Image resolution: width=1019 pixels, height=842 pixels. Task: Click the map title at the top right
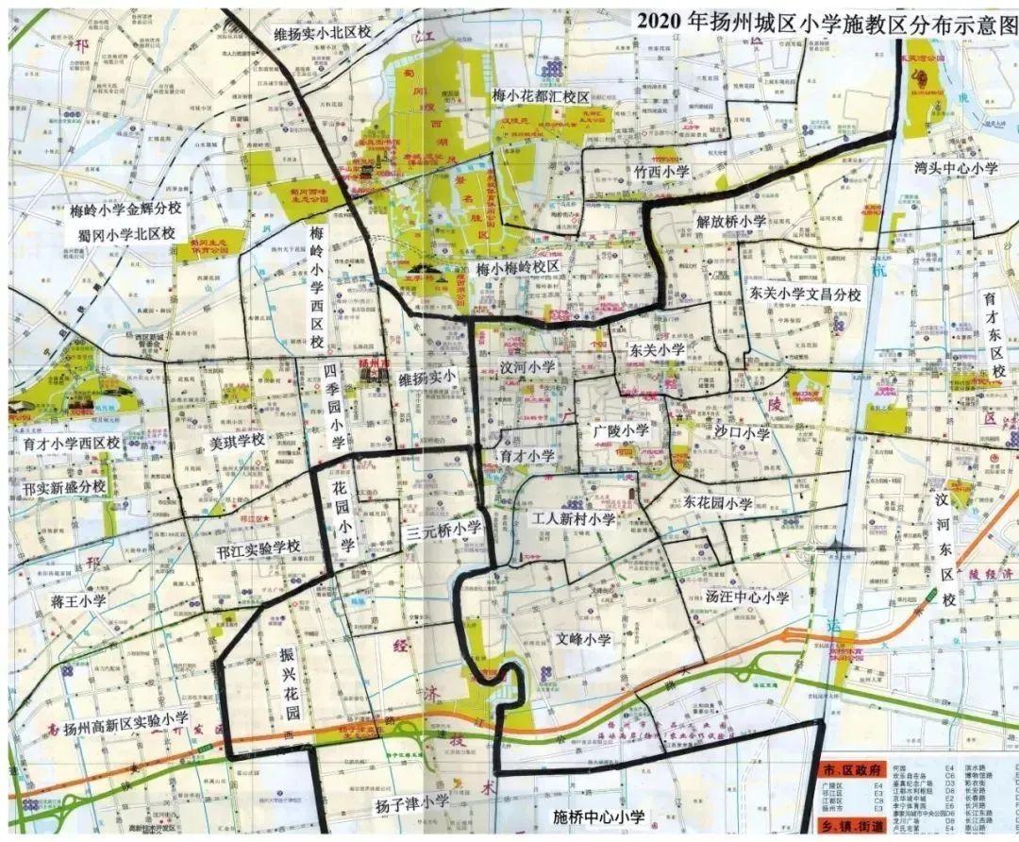tap(826, 22)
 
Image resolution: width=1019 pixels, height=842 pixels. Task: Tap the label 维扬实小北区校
tap(322, 32)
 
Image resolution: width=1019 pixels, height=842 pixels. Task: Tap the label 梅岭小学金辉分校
tap(130, 209)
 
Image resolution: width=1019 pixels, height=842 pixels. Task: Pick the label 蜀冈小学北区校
tap(126, 233)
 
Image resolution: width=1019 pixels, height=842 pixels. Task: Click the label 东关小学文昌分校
tap(805, 295)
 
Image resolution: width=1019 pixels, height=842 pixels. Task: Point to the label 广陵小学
tap(621, 430)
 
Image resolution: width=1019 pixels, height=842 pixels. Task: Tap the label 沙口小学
tap(742, 434)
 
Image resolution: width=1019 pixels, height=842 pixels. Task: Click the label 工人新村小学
tap(573, 519)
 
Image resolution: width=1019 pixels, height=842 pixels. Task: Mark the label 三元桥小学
tap(443, 530)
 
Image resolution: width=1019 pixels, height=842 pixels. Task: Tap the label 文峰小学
tap(583, 640)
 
